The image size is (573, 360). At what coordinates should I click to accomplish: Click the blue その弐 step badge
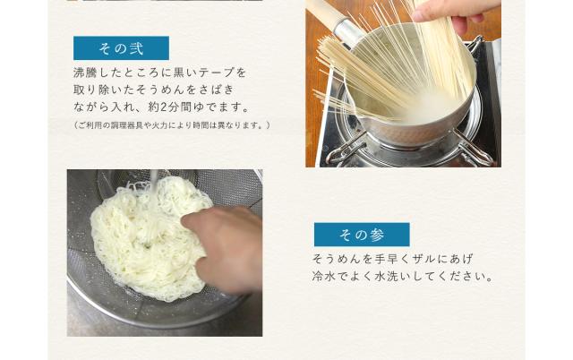point(120,47)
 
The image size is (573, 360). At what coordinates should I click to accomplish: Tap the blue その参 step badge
point(361,235)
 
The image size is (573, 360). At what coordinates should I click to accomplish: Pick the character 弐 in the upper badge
point(136,47)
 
